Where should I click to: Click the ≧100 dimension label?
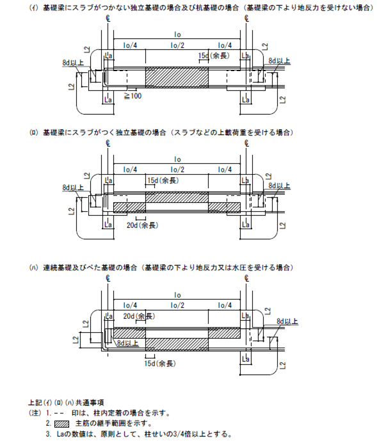(132, 96)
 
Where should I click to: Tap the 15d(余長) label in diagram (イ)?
(214, 56)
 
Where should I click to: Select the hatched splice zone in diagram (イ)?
(177, 77)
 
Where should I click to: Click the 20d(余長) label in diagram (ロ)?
(142, 225)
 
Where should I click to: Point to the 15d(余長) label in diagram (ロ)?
(163, 181)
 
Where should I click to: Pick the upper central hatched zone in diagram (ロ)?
(177, 197)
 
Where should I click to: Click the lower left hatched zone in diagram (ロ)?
(129, 207)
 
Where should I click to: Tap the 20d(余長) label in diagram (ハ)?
(140, 316)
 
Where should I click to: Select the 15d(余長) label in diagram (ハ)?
(160, 364)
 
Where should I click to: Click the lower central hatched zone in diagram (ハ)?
(177, 344)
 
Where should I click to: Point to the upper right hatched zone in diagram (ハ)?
(224, 333)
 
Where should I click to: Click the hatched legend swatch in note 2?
(61, 424)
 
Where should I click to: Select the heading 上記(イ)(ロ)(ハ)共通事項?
(66, 402)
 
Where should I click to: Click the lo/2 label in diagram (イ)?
(177, 45)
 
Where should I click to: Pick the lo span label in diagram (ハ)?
(177, 295)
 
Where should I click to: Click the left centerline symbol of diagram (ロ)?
(108, 143)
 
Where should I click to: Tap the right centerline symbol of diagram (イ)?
(247, 19)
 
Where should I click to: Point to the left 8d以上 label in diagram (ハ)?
(128, 343)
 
